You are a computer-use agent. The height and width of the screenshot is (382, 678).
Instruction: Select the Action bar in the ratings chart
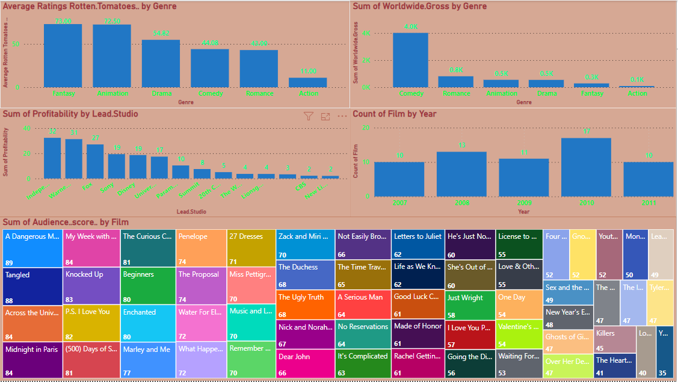pos(307,82)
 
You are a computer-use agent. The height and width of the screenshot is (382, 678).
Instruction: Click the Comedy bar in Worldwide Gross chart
pos(411,60)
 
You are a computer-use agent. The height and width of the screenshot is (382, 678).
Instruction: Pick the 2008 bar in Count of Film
pos(461,174)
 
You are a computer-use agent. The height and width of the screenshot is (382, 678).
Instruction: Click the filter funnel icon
pos(309,117)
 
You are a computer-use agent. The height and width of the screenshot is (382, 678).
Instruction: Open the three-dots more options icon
pos(342,117)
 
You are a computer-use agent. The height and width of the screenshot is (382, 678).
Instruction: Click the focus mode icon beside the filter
pos(325,117)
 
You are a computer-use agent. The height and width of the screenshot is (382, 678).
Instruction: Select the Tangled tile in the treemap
pos(32,286)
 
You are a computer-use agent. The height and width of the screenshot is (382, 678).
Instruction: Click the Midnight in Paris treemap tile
pos(32,360)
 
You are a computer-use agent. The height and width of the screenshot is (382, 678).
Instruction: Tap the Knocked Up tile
pos(91,286)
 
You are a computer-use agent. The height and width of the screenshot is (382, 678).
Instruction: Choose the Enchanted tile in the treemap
pos(148,323)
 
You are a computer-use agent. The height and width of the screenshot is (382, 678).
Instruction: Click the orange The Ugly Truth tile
pos(305,304)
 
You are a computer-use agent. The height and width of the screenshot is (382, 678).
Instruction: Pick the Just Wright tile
pos(470,305)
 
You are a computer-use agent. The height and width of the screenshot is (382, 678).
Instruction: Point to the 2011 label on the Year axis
pos(648,203)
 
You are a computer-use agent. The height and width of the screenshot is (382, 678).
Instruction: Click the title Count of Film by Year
pos(395,114)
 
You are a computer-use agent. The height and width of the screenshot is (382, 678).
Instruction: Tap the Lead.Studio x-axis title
pos(192,212)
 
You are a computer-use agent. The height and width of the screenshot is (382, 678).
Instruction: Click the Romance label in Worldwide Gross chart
pos(455,93)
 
